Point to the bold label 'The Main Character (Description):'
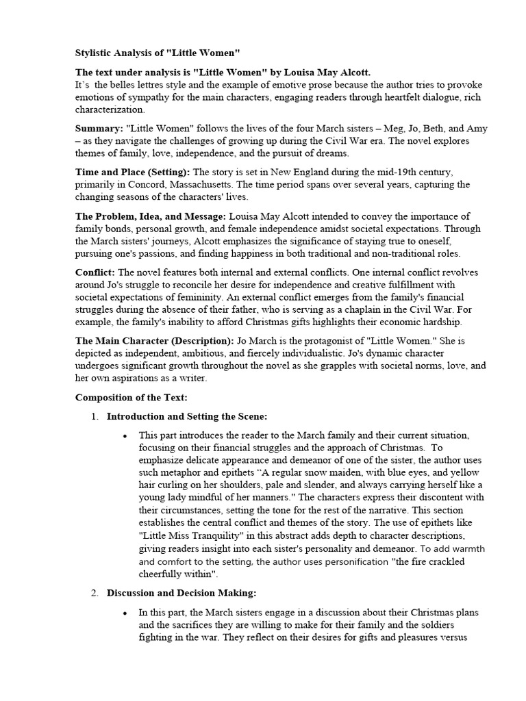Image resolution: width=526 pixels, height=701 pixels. tap(155, 341)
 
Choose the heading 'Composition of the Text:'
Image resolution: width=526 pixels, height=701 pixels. tap(131, 398)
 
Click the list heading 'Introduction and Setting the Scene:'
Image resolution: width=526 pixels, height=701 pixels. tap(187, 416)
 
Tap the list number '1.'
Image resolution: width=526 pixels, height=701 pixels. tap(95, 416)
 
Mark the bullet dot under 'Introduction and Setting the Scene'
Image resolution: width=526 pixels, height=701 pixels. tap(124, 436)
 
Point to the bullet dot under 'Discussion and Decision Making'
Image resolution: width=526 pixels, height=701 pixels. tap(124, 613)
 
